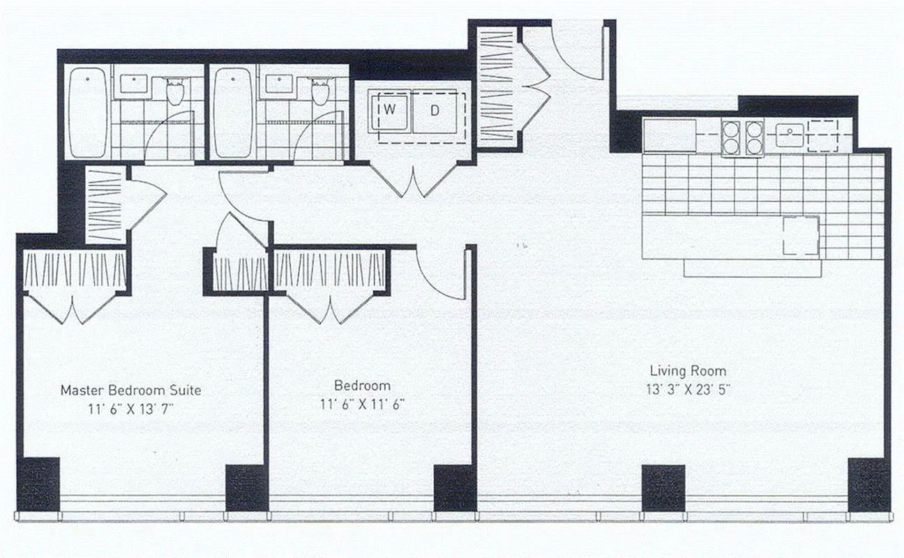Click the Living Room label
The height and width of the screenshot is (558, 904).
[x=688, y=371]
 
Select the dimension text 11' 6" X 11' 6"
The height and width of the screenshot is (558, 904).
[x=362, y=404]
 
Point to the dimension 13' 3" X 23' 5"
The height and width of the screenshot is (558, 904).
[x=688, y=390]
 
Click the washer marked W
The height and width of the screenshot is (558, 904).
[x=390, y=110]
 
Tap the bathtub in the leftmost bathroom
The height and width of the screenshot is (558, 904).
[x=88, y=112]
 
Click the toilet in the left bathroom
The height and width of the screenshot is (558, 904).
[x=174, y=91]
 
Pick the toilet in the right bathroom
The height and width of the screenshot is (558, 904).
[x=319, y=91]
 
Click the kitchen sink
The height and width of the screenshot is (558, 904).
[x=789, y=135]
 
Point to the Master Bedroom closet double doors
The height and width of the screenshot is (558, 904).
[x=75, y=307]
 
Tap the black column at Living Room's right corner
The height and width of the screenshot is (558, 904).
[x=868, y=483]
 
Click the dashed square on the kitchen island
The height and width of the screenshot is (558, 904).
[x=800, y=236]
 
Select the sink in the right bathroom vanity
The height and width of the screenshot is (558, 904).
[x=278, y=83]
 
